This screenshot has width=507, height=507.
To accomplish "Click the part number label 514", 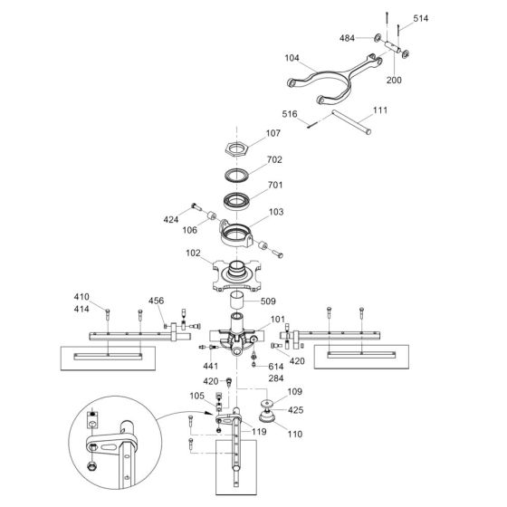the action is coord(420,18).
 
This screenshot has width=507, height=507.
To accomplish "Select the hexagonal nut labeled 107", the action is coord(237,149).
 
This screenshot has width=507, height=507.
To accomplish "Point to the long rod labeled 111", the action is coord(351,122).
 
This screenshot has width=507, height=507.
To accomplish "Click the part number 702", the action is coord(274,159).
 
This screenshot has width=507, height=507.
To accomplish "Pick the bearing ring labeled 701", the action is coord(236,201).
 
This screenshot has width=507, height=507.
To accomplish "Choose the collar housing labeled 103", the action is coord(236,235).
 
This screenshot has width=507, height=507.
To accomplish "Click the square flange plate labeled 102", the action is coord(236,275).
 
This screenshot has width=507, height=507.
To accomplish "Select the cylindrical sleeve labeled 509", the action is coord(237,301).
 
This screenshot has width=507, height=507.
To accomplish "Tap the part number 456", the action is coord(156,301).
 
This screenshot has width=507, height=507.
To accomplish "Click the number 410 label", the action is coord(81,297).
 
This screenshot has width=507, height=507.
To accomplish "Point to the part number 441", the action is coord(210,367).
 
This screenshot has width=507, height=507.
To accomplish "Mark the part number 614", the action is coord(276,367).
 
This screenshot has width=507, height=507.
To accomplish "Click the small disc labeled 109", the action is coord(267,404).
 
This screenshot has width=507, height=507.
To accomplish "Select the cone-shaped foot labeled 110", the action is coord(267,416).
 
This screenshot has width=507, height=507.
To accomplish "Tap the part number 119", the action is coord(259,432).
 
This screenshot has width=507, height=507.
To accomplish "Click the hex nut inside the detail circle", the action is coord(92,466).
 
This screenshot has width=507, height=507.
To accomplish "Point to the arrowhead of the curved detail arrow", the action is coord(210,414).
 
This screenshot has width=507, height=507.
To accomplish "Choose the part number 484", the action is coord(347,38).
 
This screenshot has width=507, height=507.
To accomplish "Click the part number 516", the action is coord(290,114).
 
